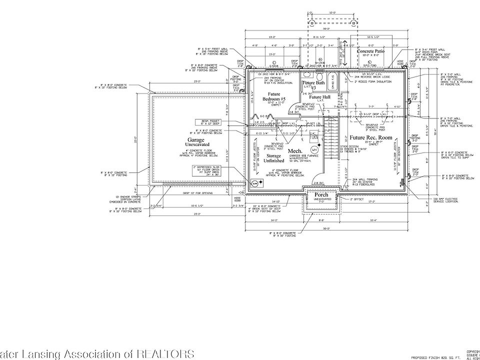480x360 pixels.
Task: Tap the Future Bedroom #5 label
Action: pyautogui.click(x=273, y=96)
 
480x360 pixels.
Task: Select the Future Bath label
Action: pyautogui.click(x=313, y=83)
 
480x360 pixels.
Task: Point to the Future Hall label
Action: pyautogui.click(x=319, y=96)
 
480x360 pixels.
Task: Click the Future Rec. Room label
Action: pyautogui.click(x=370, y=137)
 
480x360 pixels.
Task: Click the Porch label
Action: pyautogui.click(x=321, y=194)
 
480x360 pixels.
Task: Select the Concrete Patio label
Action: pyautogui.click(x=371, y=51)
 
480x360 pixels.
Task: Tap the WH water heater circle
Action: pyautogui.click(x=314, y=149)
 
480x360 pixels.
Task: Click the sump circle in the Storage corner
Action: pyautogui.click(x=254, y=184)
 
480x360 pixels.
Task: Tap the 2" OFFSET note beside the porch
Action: pyautogui.click(x=355, y=199)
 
